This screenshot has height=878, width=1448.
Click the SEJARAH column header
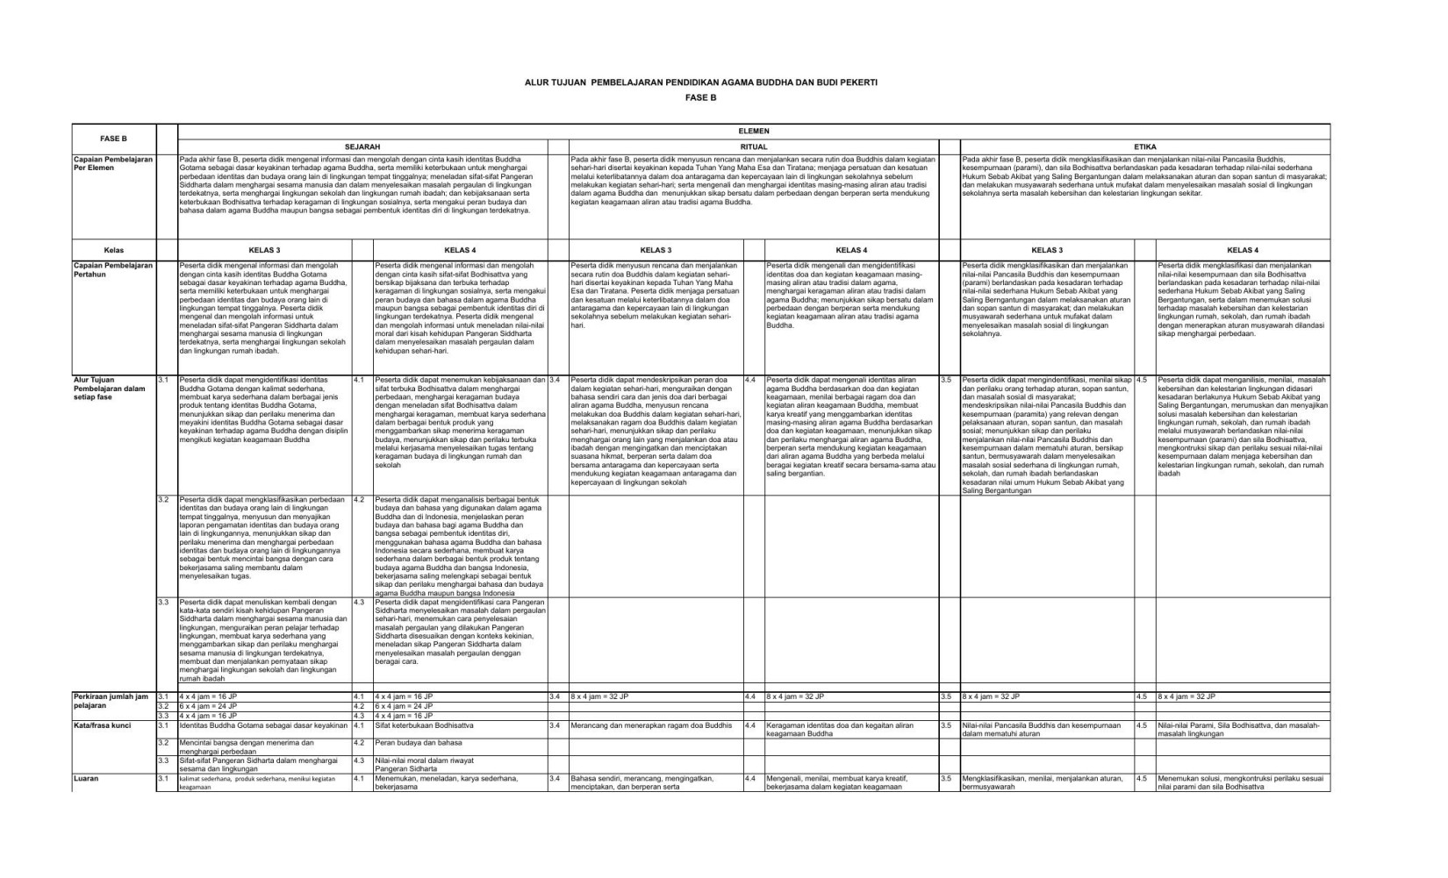click(x=362, y=146)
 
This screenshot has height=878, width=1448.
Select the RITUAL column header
click(x=754, y=146)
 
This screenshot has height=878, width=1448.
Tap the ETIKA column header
click(x=1145, y=146)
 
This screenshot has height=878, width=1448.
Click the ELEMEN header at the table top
click(x=754, y=131)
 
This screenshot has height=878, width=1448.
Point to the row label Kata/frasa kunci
click(x=97, y=726)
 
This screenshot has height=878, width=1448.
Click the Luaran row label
click(x=86, y=778)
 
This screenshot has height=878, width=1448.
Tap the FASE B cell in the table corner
click(x=113, y=139)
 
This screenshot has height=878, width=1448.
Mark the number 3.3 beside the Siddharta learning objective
click(x=163, y=603)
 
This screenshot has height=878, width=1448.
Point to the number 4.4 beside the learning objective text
click(x=750, y=380)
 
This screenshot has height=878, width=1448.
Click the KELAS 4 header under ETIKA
click(x=1243, y=250)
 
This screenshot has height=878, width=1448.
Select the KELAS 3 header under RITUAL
click(x=656, y=250)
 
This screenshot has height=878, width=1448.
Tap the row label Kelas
click(x=113, y=250)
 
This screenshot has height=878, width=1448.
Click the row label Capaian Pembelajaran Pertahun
click(x=112, y=269)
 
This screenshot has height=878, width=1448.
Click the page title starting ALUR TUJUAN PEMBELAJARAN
click(x=700, y=82)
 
